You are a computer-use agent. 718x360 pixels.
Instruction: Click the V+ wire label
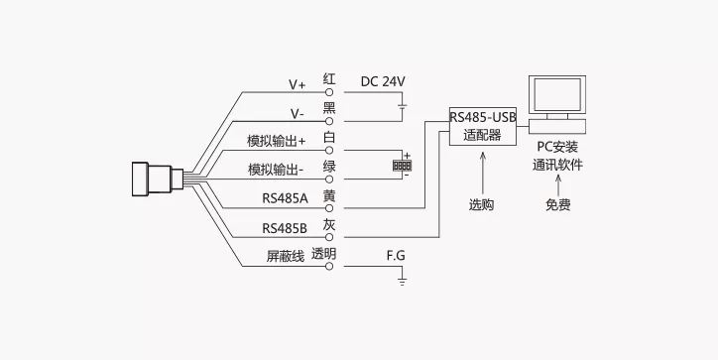[x=297, y=84]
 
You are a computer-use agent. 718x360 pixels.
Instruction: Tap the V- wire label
[x=297, y=114]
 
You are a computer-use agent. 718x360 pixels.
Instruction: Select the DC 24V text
[x=383, y=81]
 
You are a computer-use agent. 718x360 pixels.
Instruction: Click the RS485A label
[x=285, y=198]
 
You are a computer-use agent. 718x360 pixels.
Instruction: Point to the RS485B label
[x=285, y=228]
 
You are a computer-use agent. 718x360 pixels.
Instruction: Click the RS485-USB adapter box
[x=483, y=126]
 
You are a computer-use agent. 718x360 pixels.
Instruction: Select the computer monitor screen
[x=557, y=95]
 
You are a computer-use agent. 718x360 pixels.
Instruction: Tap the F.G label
[x=396, y=256]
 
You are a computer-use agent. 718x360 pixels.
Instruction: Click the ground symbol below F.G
[x=402, y=282]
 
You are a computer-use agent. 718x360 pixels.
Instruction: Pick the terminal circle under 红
[x=329, y=92]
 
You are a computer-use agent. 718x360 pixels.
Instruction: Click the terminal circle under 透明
[x=329, y=266]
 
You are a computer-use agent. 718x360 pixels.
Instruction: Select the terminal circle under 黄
[x=329, y=208]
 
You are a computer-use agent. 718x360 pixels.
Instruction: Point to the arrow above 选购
[x=482, y=174]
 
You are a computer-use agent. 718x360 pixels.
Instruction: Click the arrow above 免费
[x=557, y=184]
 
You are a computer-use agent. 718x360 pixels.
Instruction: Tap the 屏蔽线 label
[x=286, y=256]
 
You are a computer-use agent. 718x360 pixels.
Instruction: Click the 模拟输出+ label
[x=276, y=141]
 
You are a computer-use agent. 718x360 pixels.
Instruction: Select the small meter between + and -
[x=402, y=165]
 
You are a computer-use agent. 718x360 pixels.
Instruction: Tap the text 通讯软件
[x=557, y=165]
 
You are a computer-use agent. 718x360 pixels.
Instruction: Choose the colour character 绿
[x=329, y=167]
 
